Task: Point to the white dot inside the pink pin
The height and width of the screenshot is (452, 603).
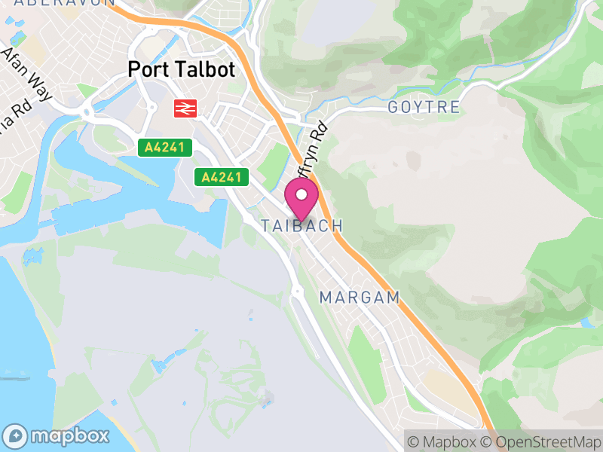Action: [x=301, y=195]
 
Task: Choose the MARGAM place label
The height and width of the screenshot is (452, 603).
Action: [x=360, y=298]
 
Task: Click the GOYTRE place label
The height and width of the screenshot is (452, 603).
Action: [x=424, y=108]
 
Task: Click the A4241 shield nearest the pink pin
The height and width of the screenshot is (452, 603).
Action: [x=222, y=178]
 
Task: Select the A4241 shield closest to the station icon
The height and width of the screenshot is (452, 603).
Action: [x=165, y=148]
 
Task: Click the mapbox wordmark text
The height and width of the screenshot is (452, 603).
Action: [x=69, y=435]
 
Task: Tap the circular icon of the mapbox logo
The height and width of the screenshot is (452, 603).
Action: [x=17, y=435]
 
